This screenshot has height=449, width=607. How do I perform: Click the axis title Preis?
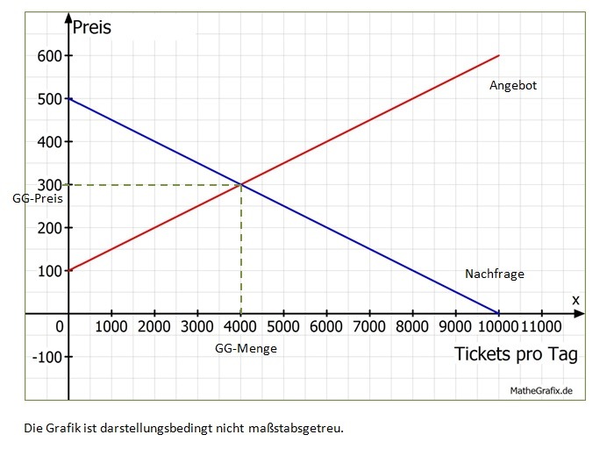(x=92, y=26)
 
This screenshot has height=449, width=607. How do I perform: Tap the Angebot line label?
(x=513, y=86)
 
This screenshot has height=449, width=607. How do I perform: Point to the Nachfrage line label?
(x=495, y=274)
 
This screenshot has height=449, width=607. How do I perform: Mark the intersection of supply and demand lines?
(x=241, y=184)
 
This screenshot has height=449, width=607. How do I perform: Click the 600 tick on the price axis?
(x=49, y=56)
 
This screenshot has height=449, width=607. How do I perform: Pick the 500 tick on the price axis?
(x=49, y=99)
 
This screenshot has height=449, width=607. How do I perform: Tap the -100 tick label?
(x=46, y=357)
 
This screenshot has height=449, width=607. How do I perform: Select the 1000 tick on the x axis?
(x=111, y=327)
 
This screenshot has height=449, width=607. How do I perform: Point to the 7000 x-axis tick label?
(x=369, y=327)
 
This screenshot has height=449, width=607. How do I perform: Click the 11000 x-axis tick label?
(x=542, y=327)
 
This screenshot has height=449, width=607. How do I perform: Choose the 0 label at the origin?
(x=60, y=327)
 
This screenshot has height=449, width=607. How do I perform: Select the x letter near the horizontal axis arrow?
(x=575, y=300)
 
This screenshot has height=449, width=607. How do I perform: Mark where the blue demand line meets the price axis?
(x=68, y=98)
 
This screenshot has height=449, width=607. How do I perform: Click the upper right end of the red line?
(x=499, y=55)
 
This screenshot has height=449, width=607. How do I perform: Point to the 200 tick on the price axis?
(x=49, y=228)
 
